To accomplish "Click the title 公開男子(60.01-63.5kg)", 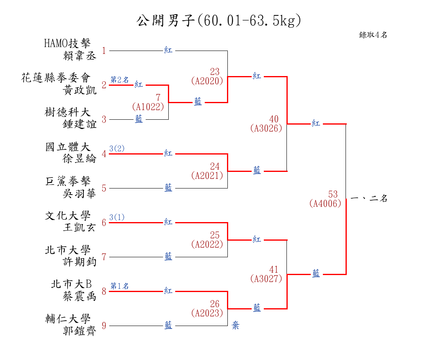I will click(219, 21).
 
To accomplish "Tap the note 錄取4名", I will click(373, 35).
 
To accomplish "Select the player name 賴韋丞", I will click(80, 56).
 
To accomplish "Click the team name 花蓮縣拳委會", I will click(56, 78).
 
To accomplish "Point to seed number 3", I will click(104, 120).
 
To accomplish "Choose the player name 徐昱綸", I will click(79, 159).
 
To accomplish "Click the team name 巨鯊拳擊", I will click(68, 181).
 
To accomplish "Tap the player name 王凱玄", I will click(79, 227).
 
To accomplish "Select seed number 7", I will click(104, 257).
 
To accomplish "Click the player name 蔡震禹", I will click(79, 296).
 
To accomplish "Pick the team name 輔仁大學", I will click(68, 319).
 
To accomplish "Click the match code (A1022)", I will click(148, 107).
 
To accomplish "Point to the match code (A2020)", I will click(207, 81).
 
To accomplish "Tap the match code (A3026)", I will click(266, 129).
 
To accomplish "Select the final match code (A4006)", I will click(325, 203).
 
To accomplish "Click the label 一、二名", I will click(369, 199).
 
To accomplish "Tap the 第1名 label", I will click(119, 286).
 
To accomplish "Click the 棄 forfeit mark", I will click(235, 326).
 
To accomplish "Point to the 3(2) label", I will click(117, 148).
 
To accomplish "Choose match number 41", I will click(274, 269).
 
